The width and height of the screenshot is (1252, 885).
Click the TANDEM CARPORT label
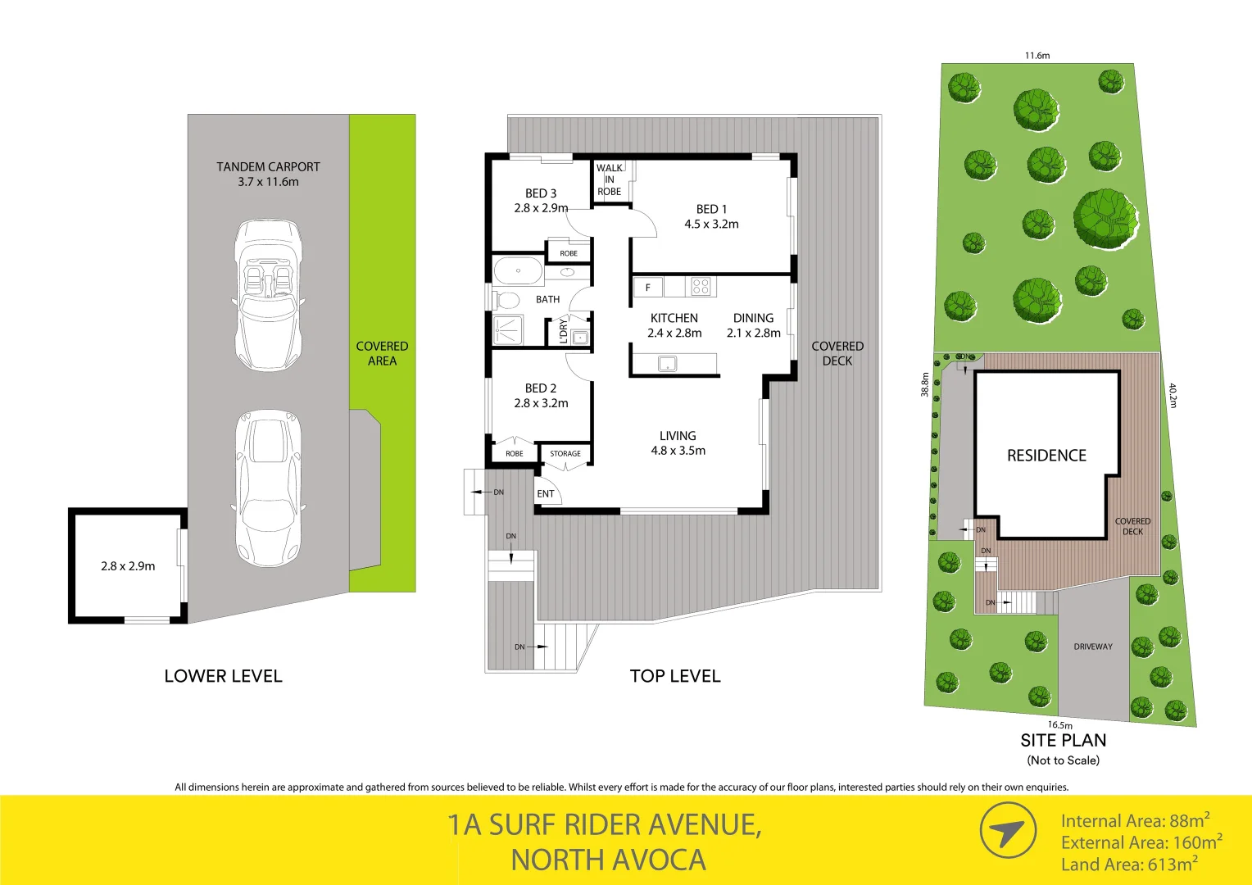coord(268,174)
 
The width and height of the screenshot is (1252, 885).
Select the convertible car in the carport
coord(268,294)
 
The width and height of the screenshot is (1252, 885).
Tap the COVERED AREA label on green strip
coord(382,353)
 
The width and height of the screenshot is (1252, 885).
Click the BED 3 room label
coord(541,201)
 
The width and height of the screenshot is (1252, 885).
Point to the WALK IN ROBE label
coord(609,179)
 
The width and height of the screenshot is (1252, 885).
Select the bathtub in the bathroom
coord(518,270)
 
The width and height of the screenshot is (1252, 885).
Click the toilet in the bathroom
coord(507,300)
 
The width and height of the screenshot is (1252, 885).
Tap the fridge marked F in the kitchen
coord(648,288)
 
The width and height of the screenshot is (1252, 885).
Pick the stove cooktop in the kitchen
coord(701,287)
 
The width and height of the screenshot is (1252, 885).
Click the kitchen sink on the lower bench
coord(668,363)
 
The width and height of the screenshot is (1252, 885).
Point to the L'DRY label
coord(563,331)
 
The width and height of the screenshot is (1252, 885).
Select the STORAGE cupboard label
coord(565,453)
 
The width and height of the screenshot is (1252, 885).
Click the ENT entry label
coord(546,493)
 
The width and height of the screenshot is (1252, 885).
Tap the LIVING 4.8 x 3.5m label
coord(678,443)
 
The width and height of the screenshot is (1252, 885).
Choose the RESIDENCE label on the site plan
coord(1046,456)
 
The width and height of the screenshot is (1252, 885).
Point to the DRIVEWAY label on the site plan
coord(1093,647)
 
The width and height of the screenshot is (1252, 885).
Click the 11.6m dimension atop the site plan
coord(1037,56)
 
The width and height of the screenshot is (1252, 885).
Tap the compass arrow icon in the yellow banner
coord(1008,831)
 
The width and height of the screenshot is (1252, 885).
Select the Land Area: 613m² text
coord(1129,864)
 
